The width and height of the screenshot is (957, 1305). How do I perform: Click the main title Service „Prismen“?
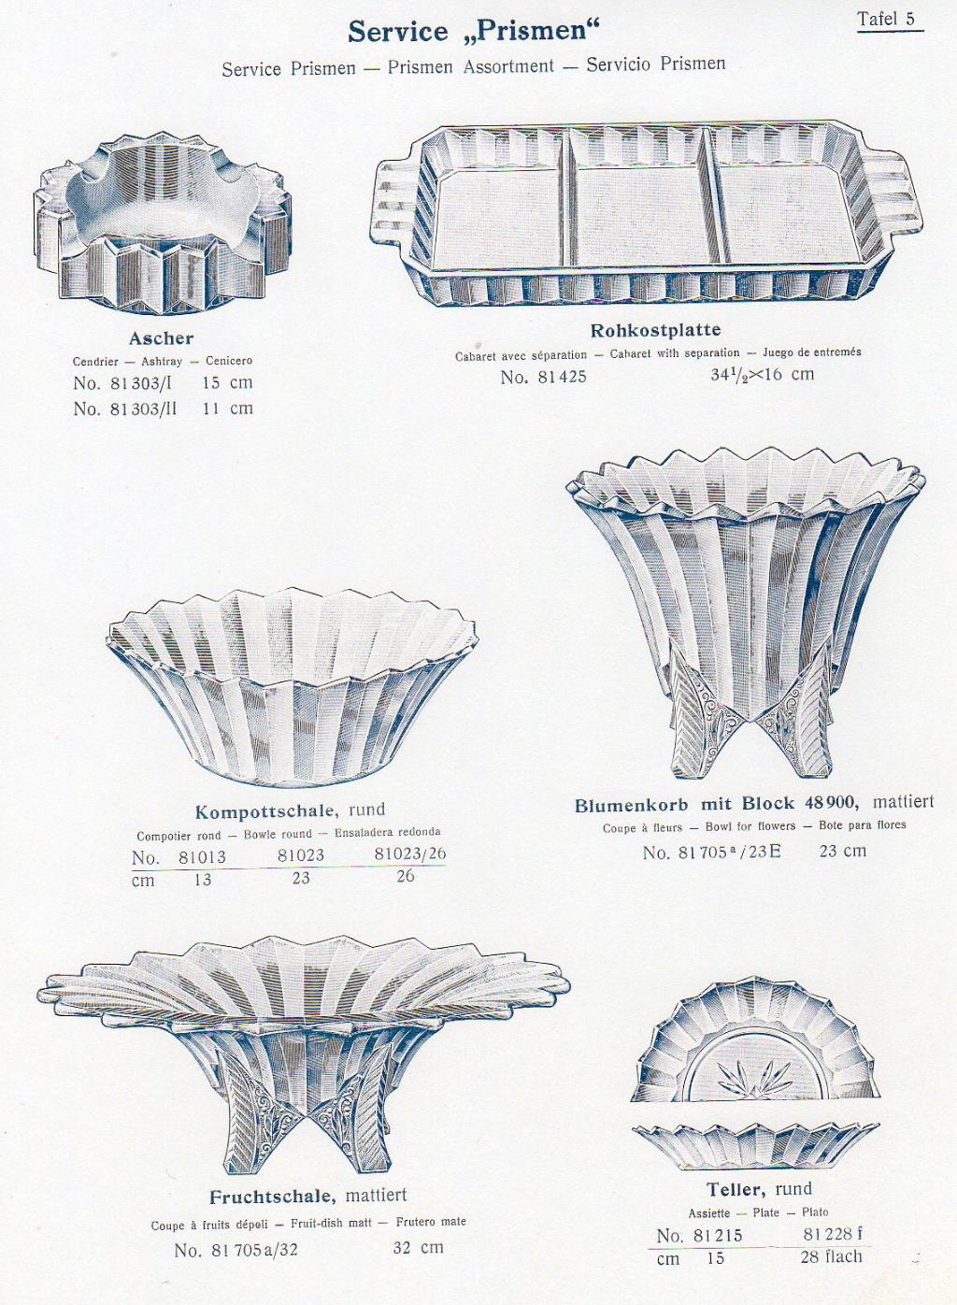point(474,31)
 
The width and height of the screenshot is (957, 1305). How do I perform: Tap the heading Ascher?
point(162,337)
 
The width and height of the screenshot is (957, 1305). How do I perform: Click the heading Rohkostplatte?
point(655,330)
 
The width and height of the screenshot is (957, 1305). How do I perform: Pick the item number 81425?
point(543,377)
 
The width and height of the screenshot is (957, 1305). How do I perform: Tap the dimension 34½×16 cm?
point(762,373)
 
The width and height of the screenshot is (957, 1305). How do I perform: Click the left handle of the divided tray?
point(393,198)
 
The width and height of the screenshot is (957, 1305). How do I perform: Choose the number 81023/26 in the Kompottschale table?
point(410,854)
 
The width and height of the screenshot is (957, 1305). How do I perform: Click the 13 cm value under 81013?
point(202,879)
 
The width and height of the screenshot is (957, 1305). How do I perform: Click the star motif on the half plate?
point(755,1079)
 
